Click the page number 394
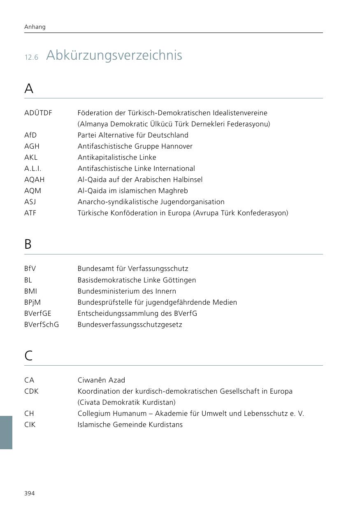(30, 493)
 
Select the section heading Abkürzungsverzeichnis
(114, 55)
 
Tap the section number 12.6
(31, 57)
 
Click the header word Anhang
(35, 27)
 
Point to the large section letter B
(28, 244)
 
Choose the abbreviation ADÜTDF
(38, 113)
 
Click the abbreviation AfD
(30, 135)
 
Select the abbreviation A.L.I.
(33, 168)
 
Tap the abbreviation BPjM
(33, 302)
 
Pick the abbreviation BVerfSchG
(42, 324)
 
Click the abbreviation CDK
(31, 391)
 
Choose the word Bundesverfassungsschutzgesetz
(130, 324)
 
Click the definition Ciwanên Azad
(101, 380)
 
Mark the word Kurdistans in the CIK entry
(166, 425)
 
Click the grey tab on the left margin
(6, 432)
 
